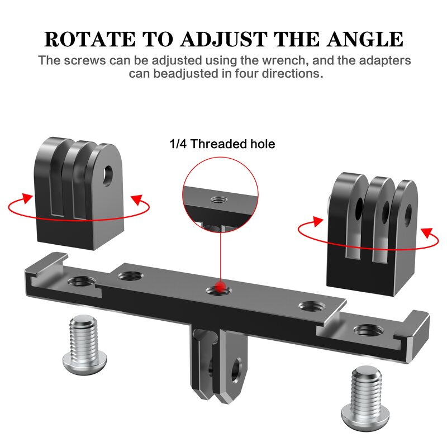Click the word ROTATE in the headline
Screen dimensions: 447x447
pos(89,39)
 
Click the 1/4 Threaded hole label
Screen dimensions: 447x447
pos(222,144)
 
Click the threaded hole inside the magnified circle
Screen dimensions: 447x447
pos(218,199)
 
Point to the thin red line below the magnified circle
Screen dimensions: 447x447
pos(221,251)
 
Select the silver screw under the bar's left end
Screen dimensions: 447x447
pos(84,344)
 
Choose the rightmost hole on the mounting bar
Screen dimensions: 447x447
pos(365,330)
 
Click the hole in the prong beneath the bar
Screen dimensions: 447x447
pos(236,367)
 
